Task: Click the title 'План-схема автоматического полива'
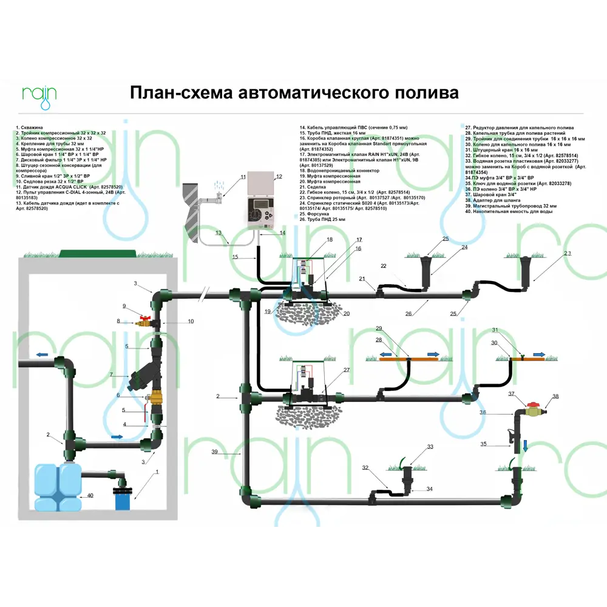[294, 93]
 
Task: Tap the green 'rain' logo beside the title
[39, 95]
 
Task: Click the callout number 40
[90, 496]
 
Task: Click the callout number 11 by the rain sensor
[243, 177]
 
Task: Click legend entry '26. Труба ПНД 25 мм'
[322, 219]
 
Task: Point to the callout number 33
[430, 447]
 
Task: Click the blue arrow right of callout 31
[539, 352]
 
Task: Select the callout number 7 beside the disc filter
[111, 375]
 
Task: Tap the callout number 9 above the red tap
[124, 305]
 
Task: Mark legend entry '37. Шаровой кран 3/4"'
[486, 197]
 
